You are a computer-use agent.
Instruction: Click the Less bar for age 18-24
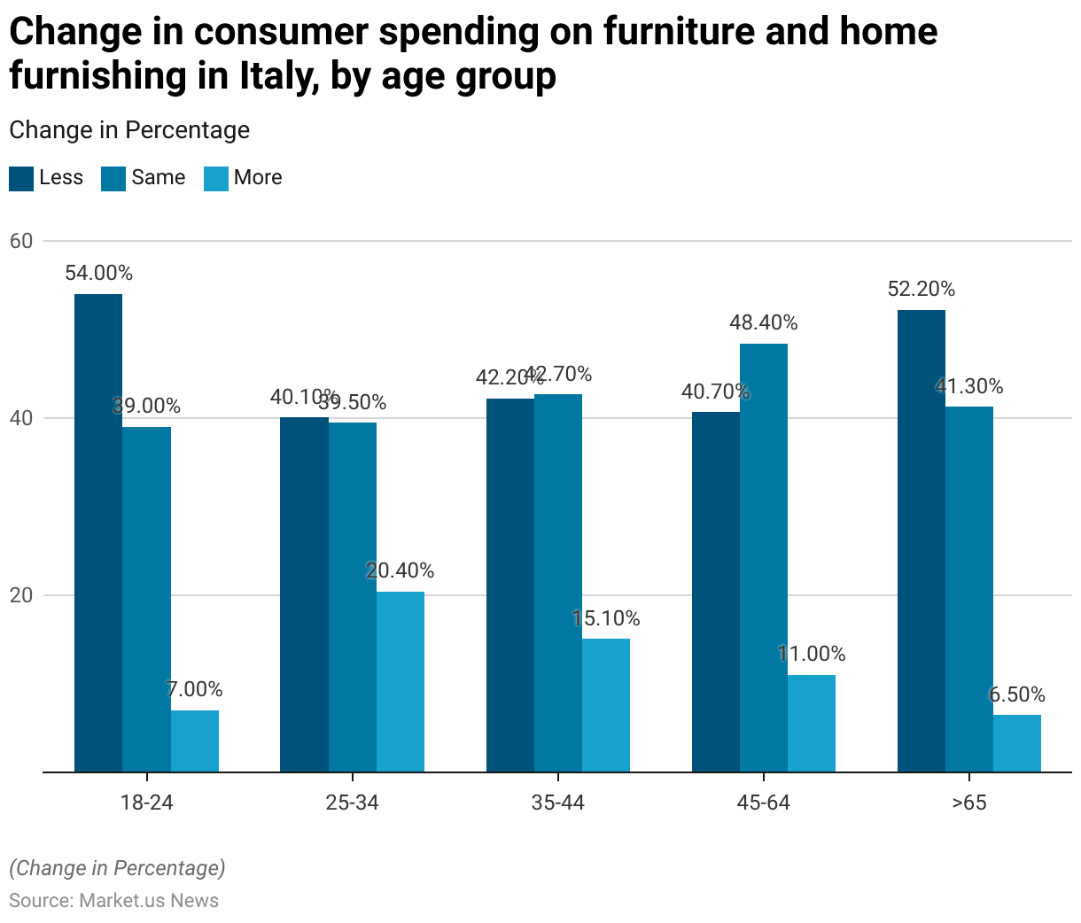pos(98,532)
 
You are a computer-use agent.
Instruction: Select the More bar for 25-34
pos(401,681)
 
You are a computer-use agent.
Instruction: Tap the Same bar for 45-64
pos(764,557)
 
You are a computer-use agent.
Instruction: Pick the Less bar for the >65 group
pos(922,540)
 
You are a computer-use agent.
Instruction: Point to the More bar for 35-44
pos(606,705)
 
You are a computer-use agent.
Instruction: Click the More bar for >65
pos(1017,743)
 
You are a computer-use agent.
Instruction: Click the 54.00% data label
pos(98,273)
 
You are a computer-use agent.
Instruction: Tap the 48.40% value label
pos(764,322)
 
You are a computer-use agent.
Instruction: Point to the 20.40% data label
pos(401,570)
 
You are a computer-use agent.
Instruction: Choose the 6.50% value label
pos(1017,694)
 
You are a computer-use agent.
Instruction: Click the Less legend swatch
pos(21,178)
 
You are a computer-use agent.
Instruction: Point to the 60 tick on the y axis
pos(21,241)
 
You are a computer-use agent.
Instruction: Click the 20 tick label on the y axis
pos(21,595)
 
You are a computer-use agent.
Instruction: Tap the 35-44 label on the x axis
pos(558,803)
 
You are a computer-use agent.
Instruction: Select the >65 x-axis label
pos(969,803)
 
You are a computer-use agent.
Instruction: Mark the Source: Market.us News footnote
pos(114,900)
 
